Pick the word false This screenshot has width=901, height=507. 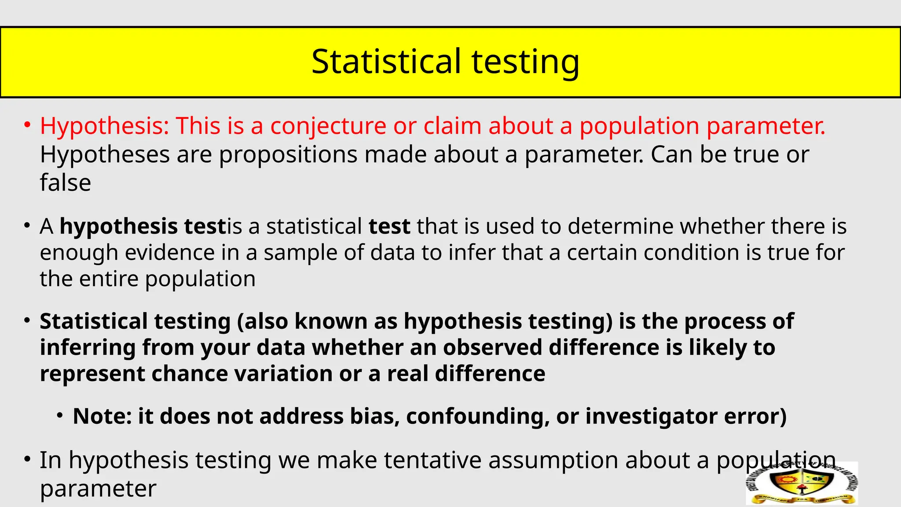66,183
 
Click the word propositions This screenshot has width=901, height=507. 288,155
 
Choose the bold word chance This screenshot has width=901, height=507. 189,374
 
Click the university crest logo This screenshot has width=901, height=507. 802,483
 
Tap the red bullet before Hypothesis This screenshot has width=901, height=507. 27,125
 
